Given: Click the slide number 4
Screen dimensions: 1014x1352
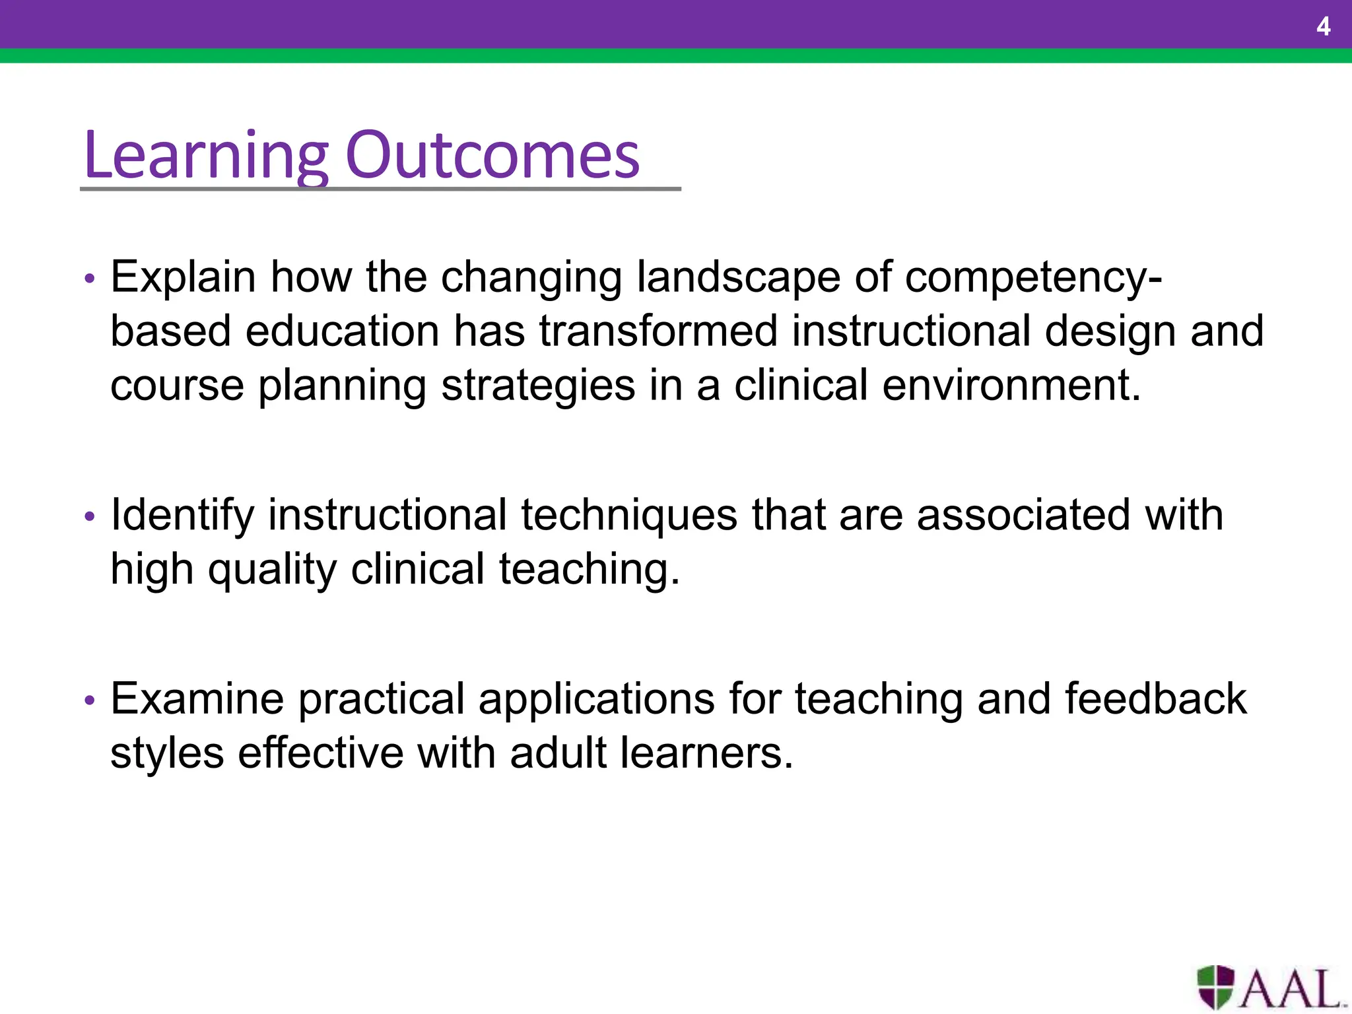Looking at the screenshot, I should (x=1323, y=27).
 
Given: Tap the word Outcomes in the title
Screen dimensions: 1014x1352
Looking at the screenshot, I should (x=492, y=156).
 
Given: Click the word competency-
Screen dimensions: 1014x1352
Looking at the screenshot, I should (x=1033, y=277).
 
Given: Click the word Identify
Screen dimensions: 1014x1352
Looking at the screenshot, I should (x=182, y=516).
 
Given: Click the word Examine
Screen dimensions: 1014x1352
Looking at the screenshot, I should (x=197, y=699).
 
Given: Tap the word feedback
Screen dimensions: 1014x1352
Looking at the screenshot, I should (x=1155, y=699).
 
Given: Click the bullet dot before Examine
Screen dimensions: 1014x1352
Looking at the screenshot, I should (x=90, y=700).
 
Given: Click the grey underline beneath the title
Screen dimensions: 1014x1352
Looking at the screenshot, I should (x=380, y=189).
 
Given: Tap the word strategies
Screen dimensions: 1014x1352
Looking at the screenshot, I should (x=538, y=385).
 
